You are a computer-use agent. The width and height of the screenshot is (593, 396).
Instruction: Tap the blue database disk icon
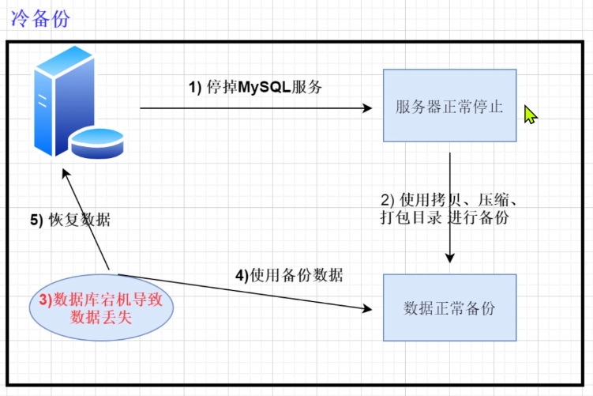(x=96, y=142)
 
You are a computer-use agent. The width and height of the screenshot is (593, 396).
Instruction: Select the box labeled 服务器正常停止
(x=449, y=106)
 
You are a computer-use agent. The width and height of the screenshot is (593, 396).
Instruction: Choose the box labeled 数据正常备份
(x=449, y=308)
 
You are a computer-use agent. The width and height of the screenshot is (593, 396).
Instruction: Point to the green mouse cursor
(x=530, y=115)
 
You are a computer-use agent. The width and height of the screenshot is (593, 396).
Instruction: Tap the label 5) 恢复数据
(x=70, y=221)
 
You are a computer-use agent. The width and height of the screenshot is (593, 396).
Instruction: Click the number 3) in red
(x=46, y=299)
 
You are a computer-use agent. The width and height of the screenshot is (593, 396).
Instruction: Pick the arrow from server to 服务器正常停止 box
(x=253, y=108)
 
